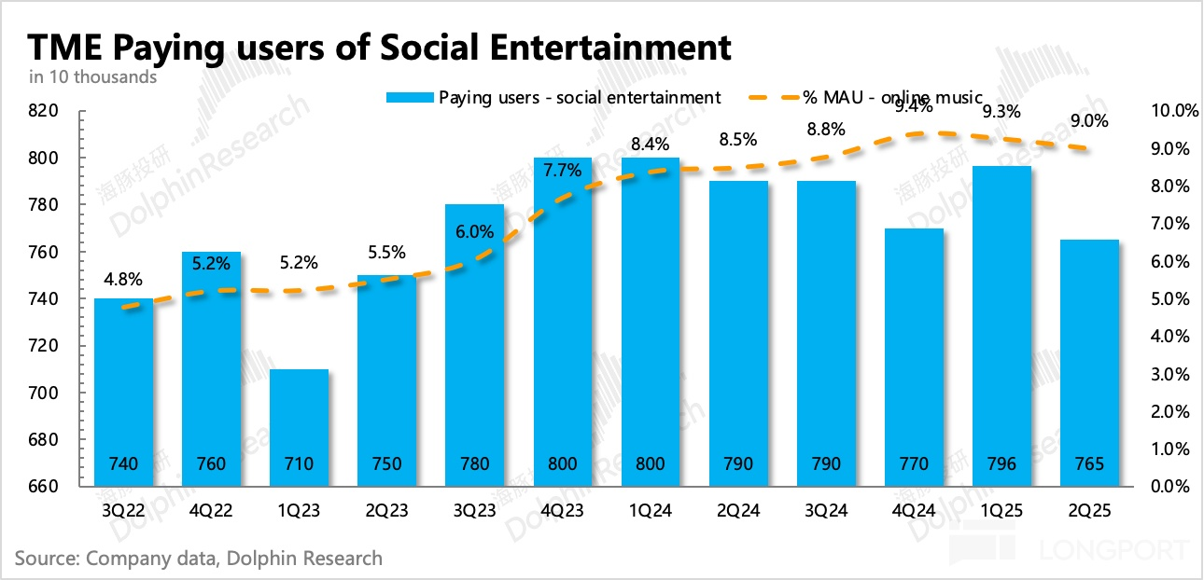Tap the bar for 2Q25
point(1089,363)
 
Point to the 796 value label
point(1001,464)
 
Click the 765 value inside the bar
point(1089,464)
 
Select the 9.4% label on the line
point(913,106)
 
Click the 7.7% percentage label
point(563,170)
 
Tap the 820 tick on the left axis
point(44,111)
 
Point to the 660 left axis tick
point(44,487)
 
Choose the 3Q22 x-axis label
point(123,511)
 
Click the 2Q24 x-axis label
point(738,511)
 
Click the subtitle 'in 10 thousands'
point(93,77)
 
